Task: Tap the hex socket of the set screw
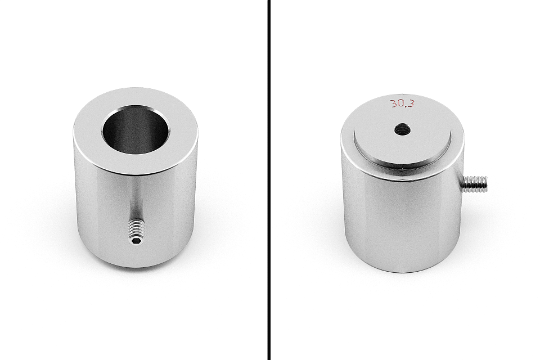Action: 136,240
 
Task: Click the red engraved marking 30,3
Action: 402,103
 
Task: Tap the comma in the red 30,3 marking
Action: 407,106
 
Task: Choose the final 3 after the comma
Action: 411,103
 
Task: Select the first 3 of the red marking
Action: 393,103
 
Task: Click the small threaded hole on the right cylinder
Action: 402,130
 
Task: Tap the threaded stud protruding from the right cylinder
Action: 475,183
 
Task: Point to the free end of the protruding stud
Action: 485,183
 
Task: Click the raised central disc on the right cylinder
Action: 402,143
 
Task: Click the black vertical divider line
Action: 269,180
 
